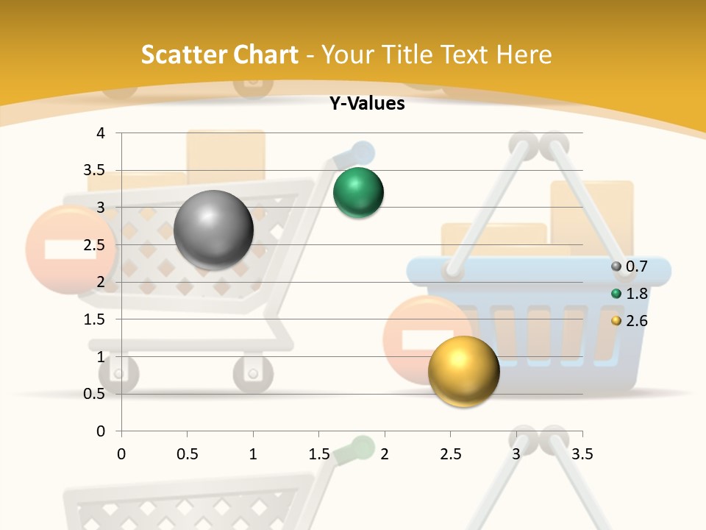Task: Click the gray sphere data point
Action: [x=213, y=230]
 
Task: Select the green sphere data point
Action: [x=358, y=193]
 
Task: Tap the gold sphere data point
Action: [x=463, y=371]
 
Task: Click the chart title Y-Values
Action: [x=366, y=104]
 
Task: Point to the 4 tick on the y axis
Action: [x=101, y=133]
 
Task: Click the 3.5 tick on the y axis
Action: [x=95, y=171]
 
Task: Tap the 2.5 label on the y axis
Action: [x=95, y=245]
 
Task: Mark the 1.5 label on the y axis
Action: [x=95, y=319]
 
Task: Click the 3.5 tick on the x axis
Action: [x=582, y=454]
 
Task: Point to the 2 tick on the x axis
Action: [x=385, y=454]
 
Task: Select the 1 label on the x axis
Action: [x=253, y=454]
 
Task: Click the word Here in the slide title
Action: [x=524, y=54]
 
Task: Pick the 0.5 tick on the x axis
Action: [x=187, y=454]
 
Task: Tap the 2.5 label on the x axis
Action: [x=451, y=454]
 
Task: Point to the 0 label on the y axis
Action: [x=101, y=431]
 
